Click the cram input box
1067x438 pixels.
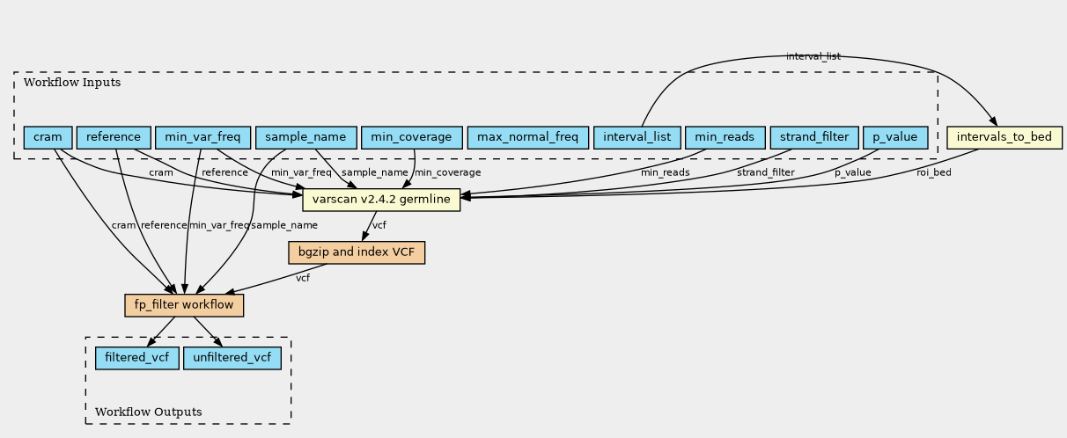pos(48,137)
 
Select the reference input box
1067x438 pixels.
pos(114,137)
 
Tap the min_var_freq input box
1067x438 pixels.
pos(202,137)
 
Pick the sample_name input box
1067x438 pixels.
pos(305,137)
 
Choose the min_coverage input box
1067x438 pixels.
pos(411,137)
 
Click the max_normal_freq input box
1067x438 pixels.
pos(528,137)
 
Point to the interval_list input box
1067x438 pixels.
pos(637,137)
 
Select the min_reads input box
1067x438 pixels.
pos(725,137)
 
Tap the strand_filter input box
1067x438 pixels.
pos(814,137)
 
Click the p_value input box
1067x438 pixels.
pos(895,137)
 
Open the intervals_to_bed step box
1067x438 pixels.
pos(1004,137)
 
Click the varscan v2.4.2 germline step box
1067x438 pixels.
pos(381,200)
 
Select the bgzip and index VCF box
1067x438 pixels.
pos(357,252)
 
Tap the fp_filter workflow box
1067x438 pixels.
pos(184,305)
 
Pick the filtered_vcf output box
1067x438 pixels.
pos(137,358)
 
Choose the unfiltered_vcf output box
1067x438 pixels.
pos(232,358)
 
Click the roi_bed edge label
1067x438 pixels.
pos(933,172)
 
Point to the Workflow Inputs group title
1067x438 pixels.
pos(72,83)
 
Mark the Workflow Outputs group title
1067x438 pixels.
pos(148,412)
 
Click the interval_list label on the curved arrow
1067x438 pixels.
pos(813,56)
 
